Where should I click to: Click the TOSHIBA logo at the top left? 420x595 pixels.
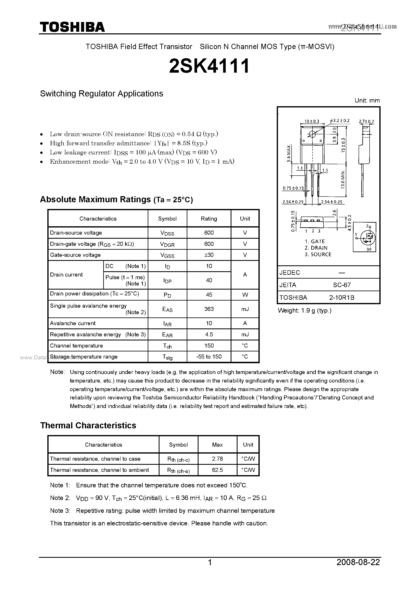click(x=72, y=27)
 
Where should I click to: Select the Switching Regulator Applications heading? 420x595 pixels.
click(x=101, y=94)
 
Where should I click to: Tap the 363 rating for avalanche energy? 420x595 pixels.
click(x=209, y=309)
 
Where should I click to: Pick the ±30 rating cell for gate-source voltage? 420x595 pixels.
click(x=209, y=255)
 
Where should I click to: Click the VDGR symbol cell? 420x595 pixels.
click(x=167, y=244)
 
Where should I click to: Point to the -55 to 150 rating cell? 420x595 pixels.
click(x=209, y=357)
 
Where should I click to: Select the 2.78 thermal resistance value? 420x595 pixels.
click(x=217, y=459)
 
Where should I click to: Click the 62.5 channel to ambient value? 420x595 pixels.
click(x=217, y=470)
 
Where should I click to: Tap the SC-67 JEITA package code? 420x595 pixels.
click(x=342, y=285)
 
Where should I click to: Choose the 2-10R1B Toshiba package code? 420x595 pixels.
click(x=342, y=297)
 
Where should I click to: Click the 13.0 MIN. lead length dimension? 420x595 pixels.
click(x=343, y=180)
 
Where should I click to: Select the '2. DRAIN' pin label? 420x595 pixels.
click(x=316, y=248)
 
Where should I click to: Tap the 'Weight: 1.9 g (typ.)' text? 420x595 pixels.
click(x=305, y=311)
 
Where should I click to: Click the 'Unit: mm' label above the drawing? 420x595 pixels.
click(x=367, y=101)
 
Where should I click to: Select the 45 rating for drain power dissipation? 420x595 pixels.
click(x=209, y=295)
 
